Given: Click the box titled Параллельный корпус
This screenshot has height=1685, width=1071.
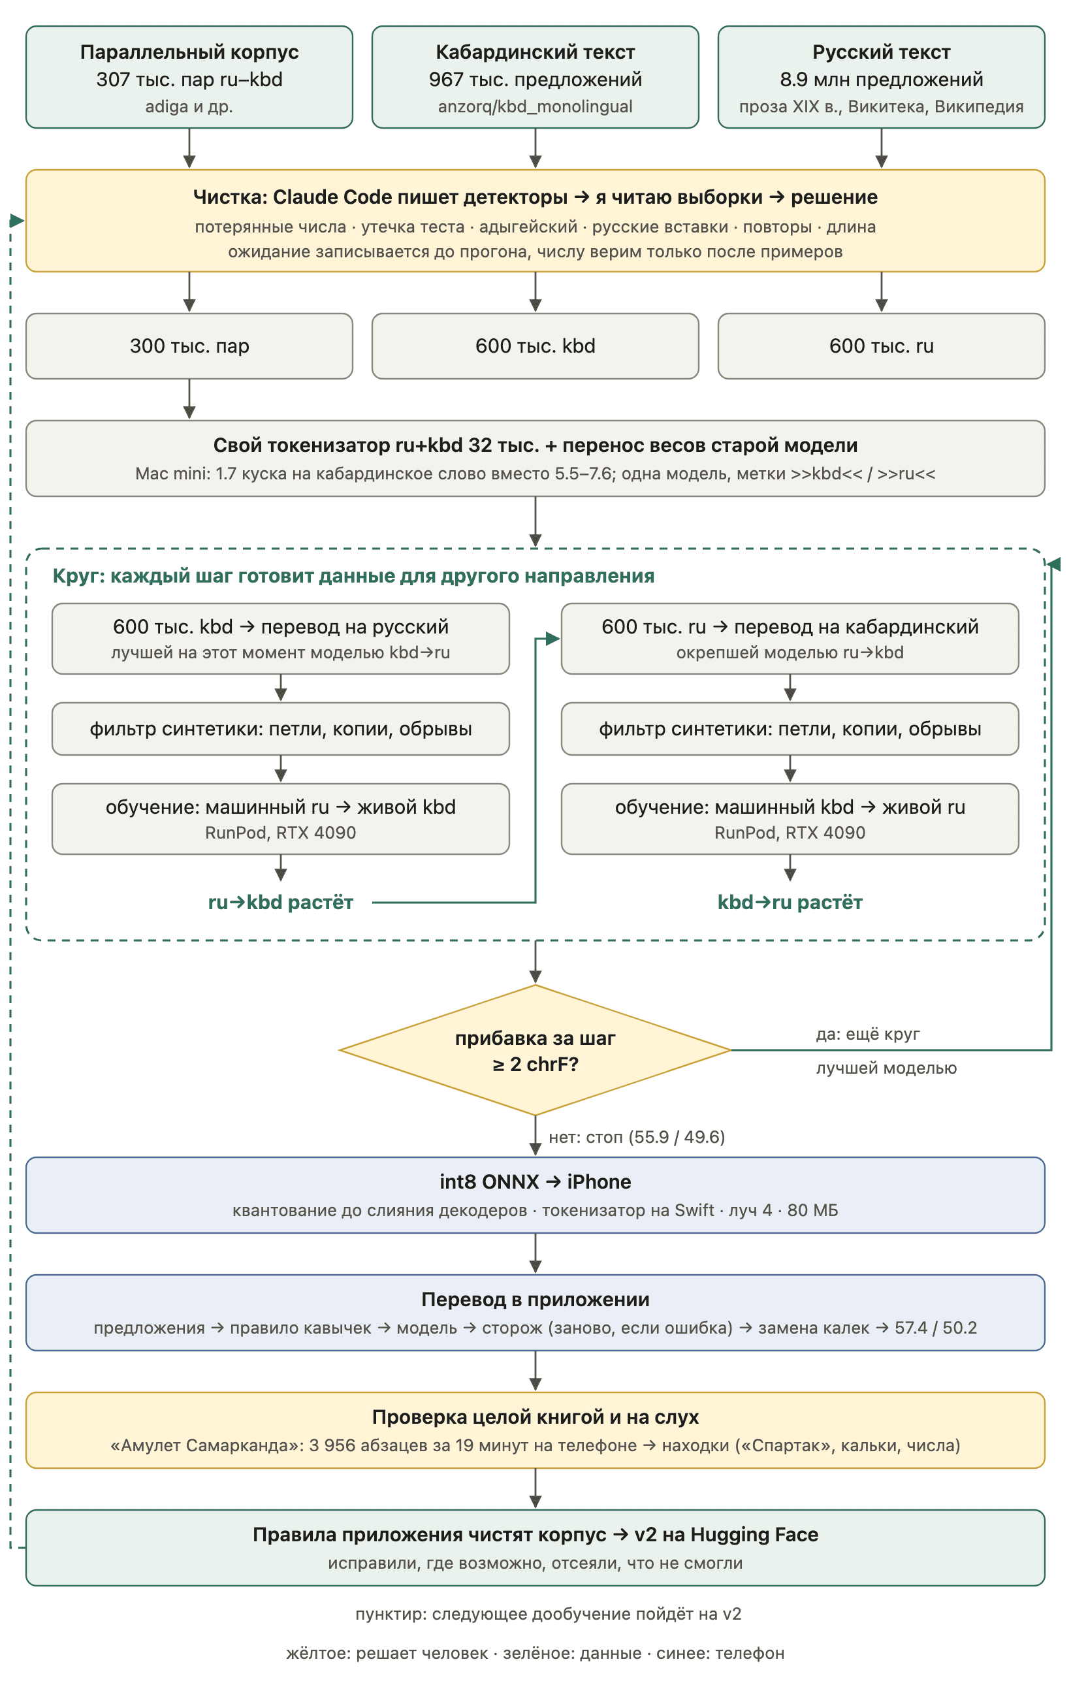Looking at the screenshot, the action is click(189, 77).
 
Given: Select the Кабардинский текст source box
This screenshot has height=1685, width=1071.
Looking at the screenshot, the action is click(535, 77).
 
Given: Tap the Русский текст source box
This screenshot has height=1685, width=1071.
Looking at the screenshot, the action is click(882, 77).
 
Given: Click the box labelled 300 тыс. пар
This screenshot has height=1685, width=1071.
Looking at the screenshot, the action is click(189, 345).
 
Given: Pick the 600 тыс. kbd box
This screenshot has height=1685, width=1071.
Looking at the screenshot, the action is click(535, 345).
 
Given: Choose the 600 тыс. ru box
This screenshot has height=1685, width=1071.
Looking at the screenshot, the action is click(882, 345).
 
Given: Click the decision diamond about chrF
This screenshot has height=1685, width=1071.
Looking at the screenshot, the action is click(535, 1050).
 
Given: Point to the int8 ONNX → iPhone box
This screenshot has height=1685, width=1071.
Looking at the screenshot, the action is click(535, 1195).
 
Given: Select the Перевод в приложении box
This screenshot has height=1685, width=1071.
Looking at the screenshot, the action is click(535, 1313).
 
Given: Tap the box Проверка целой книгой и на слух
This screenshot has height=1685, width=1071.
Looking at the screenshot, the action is click(535, 1430).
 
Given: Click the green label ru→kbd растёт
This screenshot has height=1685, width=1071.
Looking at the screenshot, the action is click(281, 903).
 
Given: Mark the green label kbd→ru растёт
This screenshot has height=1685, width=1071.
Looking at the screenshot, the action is click(790, 903).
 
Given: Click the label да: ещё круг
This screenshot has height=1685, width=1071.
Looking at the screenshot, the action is click(867, 1033).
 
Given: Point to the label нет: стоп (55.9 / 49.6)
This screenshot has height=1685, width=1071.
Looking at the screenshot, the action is click(637, 1137).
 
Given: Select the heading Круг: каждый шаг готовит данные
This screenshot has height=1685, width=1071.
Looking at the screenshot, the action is click(353, 576).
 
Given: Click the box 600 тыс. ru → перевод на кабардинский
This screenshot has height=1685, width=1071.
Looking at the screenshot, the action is click(790, 639).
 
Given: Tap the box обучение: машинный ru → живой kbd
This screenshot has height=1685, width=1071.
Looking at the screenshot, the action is click(281, 819).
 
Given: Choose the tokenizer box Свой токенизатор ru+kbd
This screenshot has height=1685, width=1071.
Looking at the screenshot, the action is click(535, 458).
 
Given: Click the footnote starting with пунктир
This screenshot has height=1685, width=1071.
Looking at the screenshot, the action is click(548, 1614).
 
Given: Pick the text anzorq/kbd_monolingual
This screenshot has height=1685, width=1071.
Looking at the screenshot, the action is click(535, 106).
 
